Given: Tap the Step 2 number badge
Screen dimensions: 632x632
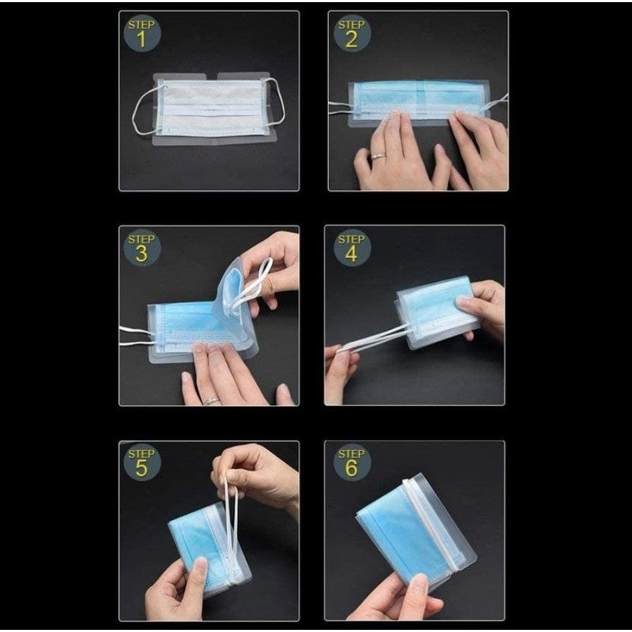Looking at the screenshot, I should pyautogui.click(x=351, y=33).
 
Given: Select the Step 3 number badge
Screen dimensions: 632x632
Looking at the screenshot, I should pyautogui.click(x=141, y=248).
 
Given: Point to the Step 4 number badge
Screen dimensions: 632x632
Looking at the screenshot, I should pyautogui.click(x=351, y=248).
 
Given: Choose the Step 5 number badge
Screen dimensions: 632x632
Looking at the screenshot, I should pyautogui.click(x=141, y=462).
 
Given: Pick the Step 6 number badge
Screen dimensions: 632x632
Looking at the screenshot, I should pyautogui.click(x=351, y=462).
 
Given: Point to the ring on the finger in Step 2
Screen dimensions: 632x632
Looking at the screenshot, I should pyautogui.click(x=378, y=156).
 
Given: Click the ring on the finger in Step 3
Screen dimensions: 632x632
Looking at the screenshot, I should pyautogui.click(x=210, y=401).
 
